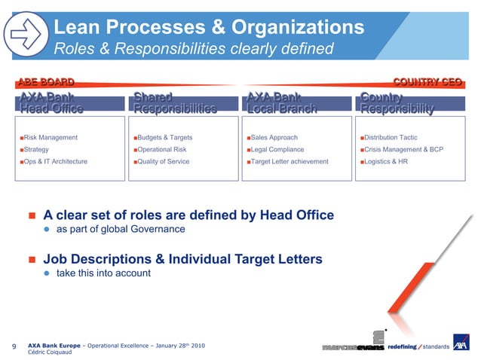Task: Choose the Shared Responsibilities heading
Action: tap(174, 103)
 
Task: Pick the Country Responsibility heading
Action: tap(397, 103)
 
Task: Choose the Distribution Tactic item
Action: tap(391, 138)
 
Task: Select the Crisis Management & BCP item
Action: tap(404, 150)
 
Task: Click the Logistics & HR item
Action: tap(386, 161)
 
